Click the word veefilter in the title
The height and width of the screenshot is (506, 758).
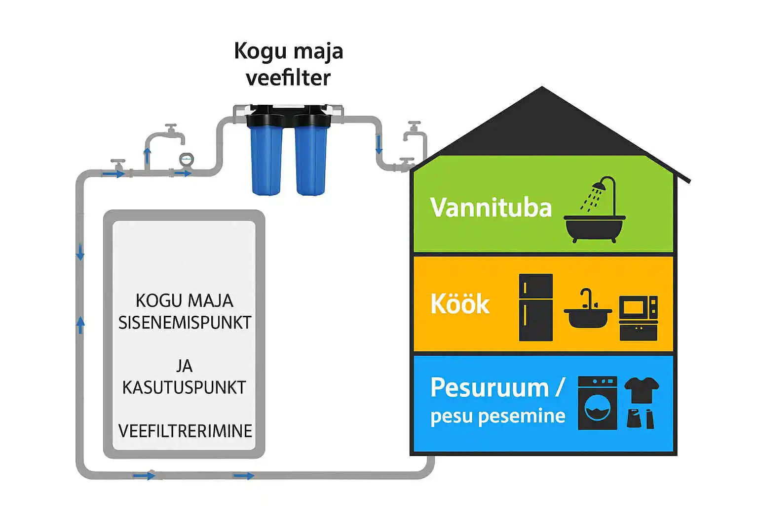pos(288,78)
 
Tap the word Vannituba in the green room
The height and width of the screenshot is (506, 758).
pos(491,208)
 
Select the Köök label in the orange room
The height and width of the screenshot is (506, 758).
pos(459,304)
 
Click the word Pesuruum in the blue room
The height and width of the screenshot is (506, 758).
pos(489,387)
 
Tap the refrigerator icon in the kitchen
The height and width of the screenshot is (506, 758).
pos(535,307)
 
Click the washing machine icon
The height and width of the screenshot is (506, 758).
pos(597,403)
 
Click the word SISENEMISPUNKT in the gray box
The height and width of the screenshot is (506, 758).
pos(185,322)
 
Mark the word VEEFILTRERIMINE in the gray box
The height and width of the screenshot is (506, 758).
pos(185,431)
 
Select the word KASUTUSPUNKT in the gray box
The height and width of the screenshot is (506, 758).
pos(184,387)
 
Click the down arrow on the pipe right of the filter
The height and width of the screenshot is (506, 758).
pos(379,147)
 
